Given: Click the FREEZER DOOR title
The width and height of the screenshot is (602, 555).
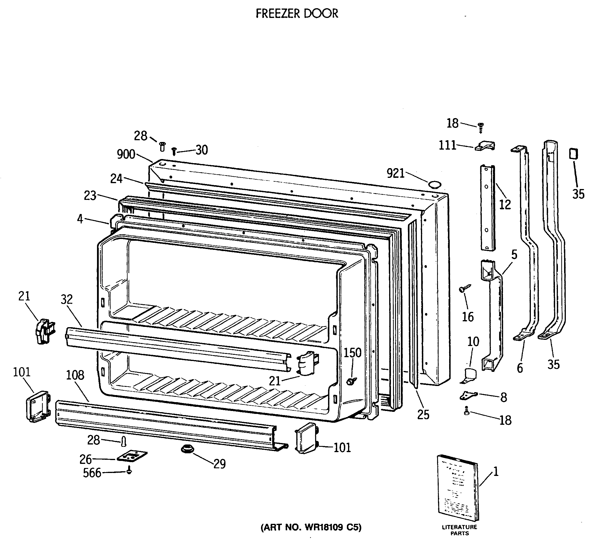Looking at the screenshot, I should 297,14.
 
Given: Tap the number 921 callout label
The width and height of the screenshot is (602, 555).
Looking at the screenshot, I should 395,173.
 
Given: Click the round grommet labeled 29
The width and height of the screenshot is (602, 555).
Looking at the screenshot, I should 187,449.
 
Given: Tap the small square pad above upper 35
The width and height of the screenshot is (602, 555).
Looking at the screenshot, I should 573,154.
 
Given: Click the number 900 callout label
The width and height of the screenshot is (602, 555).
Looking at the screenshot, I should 126,154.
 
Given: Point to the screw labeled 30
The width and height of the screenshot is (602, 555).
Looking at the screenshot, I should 174,151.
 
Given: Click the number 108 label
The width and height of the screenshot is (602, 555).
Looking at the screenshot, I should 75,375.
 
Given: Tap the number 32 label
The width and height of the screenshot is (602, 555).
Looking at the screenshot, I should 67,300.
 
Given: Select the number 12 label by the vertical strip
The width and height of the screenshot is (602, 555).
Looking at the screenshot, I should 505,205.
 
